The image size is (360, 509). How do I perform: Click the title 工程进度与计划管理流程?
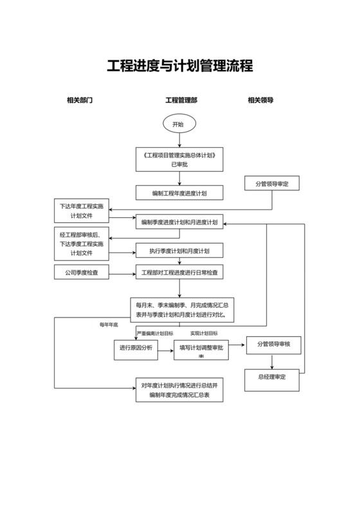[x=179, y=66]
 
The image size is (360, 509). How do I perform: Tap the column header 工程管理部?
[x=181, y=101]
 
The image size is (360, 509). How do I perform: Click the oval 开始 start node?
[x=179, y=124]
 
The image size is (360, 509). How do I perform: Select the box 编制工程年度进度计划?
[x=179, y=193]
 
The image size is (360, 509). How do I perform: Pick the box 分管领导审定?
[x=272, y=184]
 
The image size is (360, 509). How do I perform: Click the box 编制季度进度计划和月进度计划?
[x=179, y=223]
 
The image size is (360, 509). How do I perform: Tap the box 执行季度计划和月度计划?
[x=179, y=251]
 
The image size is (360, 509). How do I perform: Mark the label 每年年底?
[x=109, y=325]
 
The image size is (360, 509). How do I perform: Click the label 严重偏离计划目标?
[x=155, y=334]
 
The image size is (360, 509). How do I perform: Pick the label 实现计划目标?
[x=204, y=334]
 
